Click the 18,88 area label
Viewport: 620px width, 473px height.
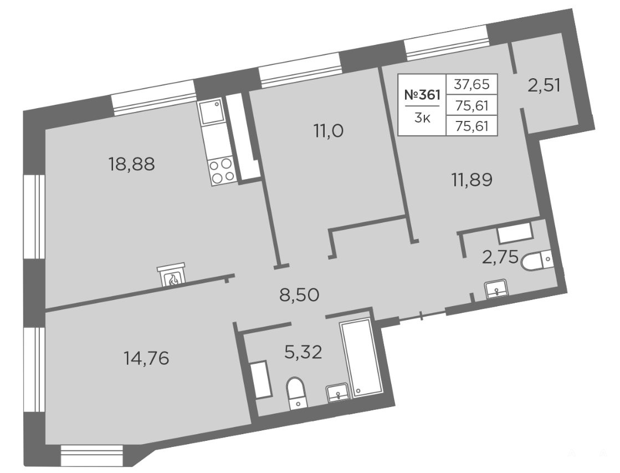click(132, 164)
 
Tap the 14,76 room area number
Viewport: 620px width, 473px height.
click(146, 359)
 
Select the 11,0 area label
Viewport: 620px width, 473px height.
click(329, 131)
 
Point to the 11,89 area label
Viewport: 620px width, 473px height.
click(472, 180)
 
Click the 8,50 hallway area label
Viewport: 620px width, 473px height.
click(299, 295)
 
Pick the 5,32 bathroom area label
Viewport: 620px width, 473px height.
click(304, 352)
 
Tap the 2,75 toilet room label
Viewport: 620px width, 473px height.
click(500, 257)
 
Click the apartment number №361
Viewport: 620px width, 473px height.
click(422, 95)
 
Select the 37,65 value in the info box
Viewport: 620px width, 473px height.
click(472, 84)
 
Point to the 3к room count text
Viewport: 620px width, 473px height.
click(422, 118)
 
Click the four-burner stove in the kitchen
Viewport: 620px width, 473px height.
click(222, 170)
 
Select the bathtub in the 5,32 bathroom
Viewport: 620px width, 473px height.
click(360, 357)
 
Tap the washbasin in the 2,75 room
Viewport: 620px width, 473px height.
click(496, 288)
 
